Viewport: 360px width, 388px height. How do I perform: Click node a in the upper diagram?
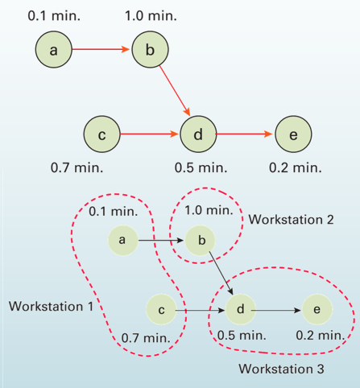[x=53, y=50]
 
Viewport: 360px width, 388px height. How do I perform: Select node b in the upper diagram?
[x=150, y=50]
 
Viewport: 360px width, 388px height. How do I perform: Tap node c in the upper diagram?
[x=101, y=135]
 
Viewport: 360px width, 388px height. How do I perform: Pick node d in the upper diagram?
[x=198, y=135]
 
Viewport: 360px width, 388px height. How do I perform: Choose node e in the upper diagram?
[x=293, y=135]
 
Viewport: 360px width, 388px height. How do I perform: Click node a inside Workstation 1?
[x=122, y=239]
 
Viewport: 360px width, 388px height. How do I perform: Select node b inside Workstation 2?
[x=201, y=240]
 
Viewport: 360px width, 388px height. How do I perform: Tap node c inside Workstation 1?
[x=161, y=309]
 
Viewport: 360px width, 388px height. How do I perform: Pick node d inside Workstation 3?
[x=240, y=308]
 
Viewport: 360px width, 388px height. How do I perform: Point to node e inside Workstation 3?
[x=317, y=308]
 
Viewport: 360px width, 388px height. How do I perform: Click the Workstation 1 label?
[x=51, y=307]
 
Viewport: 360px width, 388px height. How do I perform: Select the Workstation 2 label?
[x=291, y=219]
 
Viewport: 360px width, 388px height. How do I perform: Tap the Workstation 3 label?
[x=281, y=369]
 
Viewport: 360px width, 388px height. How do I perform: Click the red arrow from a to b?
[x=101, y=50]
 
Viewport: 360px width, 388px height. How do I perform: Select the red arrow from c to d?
[x=150, y=135]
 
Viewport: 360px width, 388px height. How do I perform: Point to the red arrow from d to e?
[x=246, y=135]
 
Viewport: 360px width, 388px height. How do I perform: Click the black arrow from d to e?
[x=279, y=308]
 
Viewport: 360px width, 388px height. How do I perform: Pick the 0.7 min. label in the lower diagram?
[x=145, y=337]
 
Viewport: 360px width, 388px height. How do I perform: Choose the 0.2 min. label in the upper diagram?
[x=295, y=168]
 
